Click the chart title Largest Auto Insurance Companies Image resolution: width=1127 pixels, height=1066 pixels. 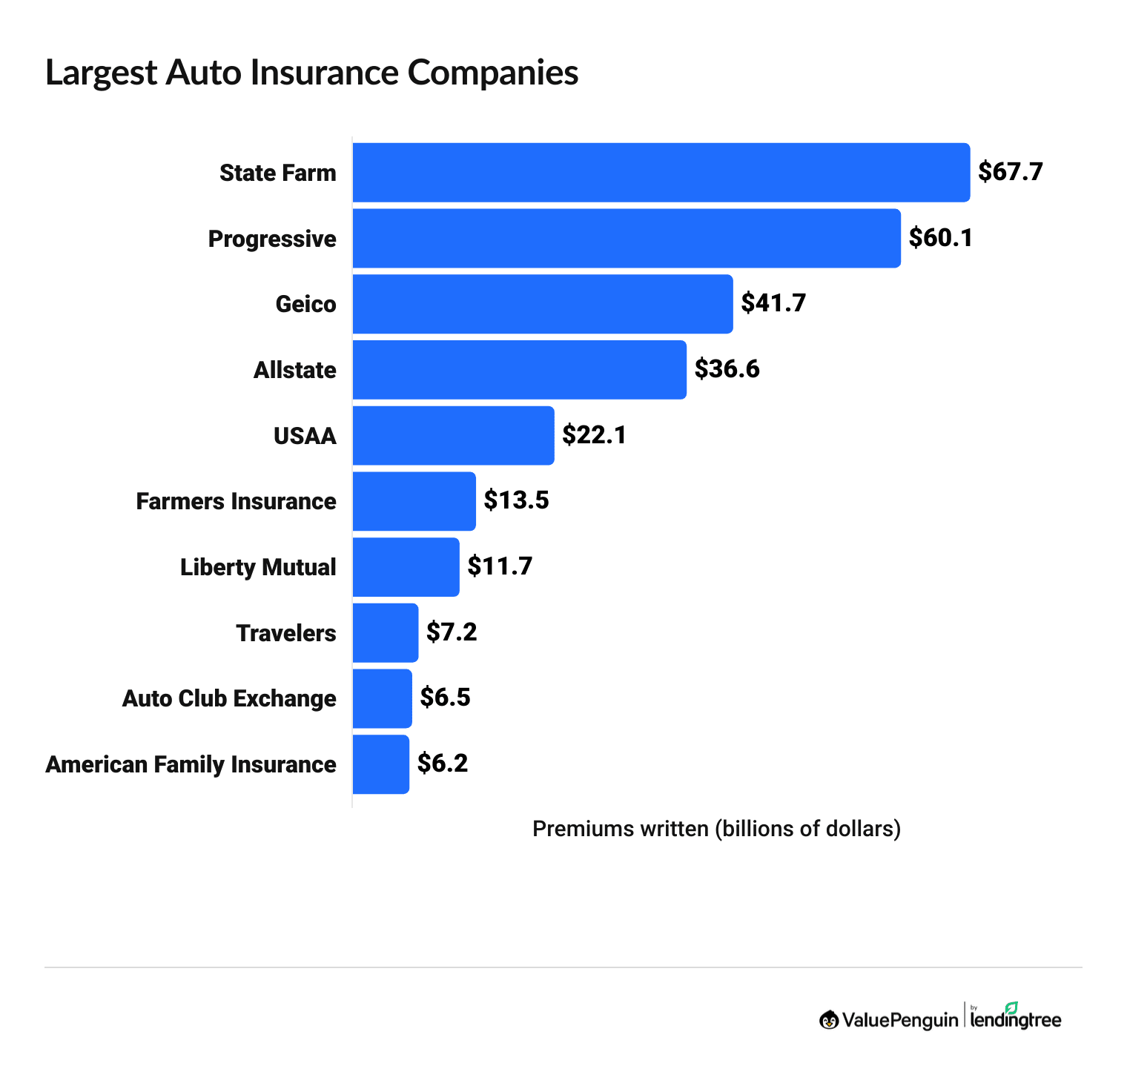point(311,73)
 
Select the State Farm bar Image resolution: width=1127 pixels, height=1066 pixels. point(661,173)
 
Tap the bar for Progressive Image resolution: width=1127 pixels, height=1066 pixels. point(627,238)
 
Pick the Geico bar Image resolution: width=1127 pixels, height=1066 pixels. point(542,304)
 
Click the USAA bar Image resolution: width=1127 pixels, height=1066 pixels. point(453,435)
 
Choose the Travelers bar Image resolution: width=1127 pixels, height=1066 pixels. point(385,633)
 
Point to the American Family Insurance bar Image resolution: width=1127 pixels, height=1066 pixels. point(380,764)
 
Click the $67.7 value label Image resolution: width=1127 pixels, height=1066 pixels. point(1010,172)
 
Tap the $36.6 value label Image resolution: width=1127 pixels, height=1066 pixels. point(727,369)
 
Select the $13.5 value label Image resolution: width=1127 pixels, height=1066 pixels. point(516,500)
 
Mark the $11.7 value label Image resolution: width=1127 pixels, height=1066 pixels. point(500,566)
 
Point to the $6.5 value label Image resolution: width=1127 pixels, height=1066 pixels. point(445,698)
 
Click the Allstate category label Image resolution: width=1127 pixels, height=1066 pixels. point(294,370)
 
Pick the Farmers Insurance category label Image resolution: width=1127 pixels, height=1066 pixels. point(236,501)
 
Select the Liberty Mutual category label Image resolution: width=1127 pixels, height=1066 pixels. point(258,567)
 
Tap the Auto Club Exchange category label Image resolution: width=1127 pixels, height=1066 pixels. point(229,698)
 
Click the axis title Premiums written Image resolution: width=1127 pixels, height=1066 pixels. point(716,829)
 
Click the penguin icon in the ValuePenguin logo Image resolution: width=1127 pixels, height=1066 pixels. point(828,1020)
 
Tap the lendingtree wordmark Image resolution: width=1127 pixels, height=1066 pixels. point(1016,1021)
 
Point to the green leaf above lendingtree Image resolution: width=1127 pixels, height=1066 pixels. point(1011,1007)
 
